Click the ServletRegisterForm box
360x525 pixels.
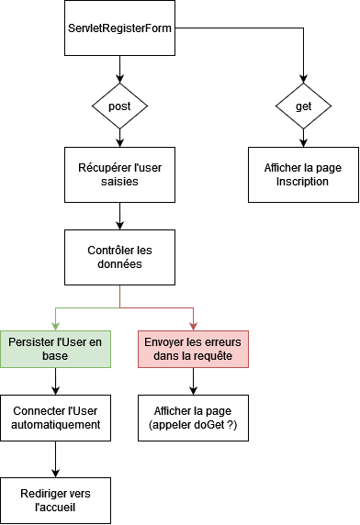119,28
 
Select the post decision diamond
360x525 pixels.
119,106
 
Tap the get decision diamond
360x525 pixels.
303,106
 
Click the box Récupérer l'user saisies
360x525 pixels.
119,174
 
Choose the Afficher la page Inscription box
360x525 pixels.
303,174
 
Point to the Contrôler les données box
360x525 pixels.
119,257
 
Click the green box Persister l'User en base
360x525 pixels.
56,349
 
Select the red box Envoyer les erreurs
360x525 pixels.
193,349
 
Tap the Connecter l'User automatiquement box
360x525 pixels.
56,419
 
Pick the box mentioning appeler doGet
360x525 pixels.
193,419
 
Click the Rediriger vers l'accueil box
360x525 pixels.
56,501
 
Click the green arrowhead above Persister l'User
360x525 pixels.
56,326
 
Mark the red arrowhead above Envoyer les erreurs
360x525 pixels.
193,326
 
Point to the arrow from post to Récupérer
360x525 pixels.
119,138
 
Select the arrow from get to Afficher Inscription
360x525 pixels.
303,138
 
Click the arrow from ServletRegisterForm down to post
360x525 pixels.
119,69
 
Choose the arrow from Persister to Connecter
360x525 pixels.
56,381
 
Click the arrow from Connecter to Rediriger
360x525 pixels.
56,459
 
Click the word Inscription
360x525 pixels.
303,182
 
